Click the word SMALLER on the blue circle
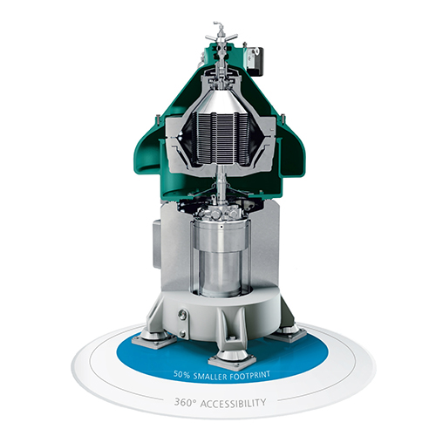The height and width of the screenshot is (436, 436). pos(209,376)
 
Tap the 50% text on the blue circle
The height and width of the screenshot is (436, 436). pos(181,374)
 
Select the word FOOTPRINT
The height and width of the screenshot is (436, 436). pos(249,376)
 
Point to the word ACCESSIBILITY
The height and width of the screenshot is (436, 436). pos(233,403)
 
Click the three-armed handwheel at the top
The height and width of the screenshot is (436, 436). pos(221,37)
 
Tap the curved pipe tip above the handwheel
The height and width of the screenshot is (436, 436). pos(215,23)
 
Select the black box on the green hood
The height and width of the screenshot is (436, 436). pos(257,61)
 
